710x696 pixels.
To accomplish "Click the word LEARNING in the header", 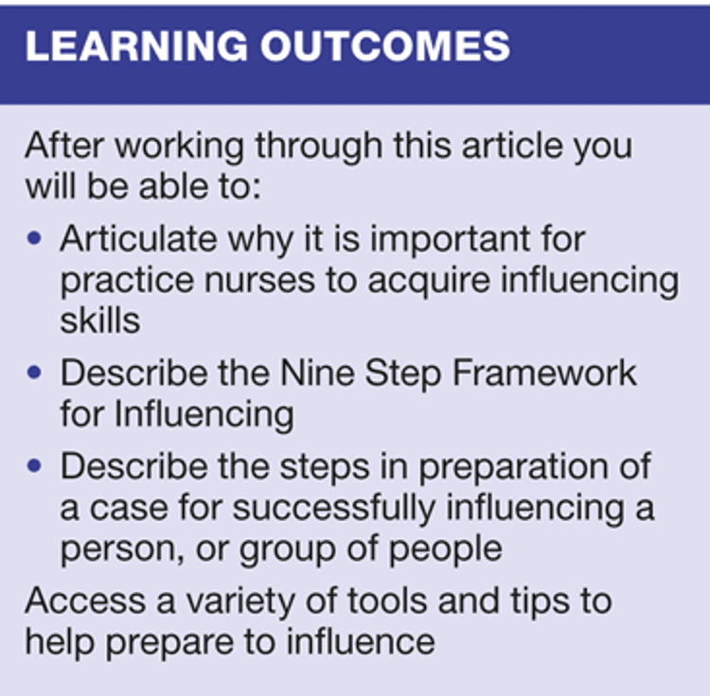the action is tap(136, 46).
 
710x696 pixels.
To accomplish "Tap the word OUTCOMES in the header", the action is tap(385, 46).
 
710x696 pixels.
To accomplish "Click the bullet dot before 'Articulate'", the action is tap(34, 238).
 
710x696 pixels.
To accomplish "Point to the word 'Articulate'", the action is tap(138, 238).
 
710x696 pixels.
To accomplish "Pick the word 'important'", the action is tap(449, 240).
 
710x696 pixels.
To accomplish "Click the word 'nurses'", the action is tap(259, 281).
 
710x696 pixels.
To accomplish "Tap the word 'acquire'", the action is tap(429, 282).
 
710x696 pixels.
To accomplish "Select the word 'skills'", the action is tap(100, 321).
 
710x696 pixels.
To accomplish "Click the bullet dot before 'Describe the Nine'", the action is tap(34, 373).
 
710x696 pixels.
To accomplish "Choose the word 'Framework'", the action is tap(545, 374).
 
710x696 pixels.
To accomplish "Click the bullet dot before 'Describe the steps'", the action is tap(34, 465).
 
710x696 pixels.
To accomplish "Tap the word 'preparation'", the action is tap(513, 468).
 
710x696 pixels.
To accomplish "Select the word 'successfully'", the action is tap(334, 509).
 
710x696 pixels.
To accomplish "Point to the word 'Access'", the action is tap(85, 601).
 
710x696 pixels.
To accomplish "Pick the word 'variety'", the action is tap(240, 602).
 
